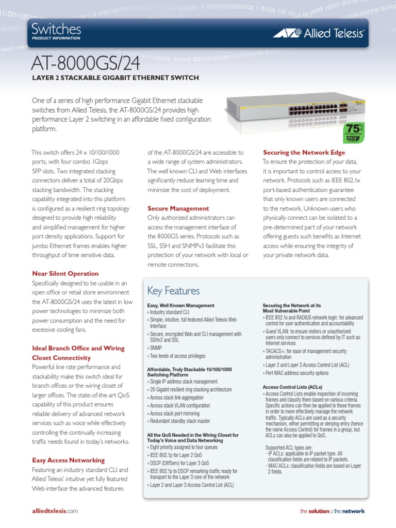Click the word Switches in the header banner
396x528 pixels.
[56, 29]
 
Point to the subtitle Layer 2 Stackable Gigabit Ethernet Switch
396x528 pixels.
[115, 78]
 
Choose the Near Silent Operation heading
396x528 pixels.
[65, 273]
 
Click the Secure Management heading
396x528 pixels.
[178, 208]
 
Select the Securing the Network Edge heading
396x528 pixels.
[304, 153]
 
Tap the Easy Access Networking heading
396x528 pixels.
[69, 460]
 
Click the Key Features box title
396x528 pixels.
[173, 291]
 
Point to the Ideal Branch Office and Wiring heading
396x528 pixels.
[78, 348]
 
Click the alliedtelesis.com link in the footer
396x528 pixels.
[55, 511]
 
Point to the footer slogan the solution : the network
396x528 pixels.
[332, 511]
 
